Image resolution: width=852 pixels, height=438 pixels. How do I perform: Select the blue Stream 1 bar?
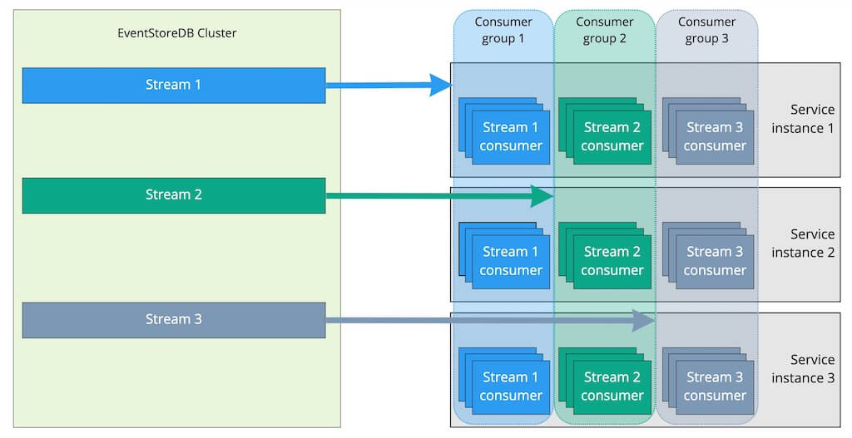[x=173, y=85]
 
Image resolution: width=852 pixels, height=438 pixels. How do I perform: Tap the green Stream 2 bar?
[x=173, y=195]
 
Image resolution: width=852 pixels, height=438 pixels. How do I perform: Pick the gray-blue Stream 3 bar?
[x=173, y=320]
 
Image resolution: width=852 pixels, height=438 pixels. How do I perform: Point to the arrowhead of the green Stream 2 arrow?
[x=543, y=196]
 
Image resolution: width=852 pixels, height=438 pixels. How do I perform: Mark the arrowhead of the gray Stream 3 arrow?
[x=644, y=320]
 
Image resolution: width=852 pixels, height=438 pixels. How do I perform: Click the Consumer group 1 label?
[x=503, y=29]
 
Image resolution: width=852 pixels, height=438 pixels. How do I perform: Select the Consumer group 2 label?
[x=605, y=29]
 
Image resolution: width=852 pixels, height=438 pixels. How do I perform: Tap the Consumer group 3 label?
[x=706, y=29]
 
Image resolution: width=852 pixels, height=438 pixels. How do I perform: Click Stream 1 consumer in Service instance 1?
[x=510, y=137]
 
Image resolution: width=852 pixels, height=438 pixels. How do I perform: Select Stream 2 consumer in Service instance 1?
[x=612, y=137]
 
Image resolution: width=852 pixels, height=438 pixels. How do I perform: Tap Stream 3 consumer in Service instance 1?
[x=714, y=137]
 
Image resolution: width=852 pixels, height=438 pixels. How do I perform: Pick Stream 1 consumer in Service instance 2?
[x=510, y=261]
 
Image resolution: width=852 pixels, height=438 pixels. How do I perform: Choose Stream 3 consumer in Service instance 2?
[x=714, y=261]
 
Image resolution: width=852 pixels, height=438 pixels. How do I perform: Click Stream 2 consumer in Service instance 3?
[x=612, y=386]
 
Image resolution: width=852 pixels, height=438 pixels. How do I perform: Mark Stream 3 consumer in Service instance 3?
[x=714, y=386]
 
